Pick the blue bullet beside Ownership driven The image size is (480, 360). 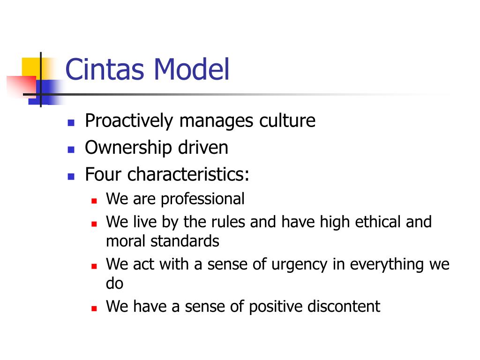71,150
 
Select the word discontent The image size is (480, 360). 344,307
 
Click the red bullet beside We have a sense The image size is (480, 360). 94,308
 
